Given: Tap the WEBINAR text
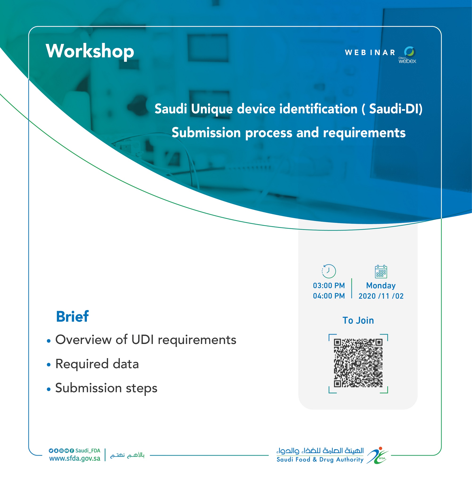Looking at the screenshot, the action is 370,52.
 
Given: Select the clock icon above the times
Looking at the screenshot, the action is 329,271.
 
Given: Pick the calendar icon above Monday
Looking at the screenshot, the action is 381,271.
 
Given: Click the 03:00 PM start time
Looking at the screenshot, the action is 329,286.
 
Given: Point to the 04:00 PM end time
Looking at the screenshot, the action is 329,296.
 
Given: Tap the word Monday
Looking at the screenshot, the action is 381,286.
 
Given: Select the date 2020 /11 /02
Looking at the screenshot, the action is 381,296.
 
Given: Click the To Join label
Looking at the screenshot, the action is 358,320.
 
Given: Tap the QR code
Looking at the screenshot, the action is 358,363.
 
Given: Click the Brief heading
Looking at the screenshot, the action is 72,316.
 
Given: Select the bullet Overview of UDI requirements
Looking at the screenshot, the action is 146,340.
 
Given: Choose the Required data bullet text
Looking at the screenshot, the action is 97,364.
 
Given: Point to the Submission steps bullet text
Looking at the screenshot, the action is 106,388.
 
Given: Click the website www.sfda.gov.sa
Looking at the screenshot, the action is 75,458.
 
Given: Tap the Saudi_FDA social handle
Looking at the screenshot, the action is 88,451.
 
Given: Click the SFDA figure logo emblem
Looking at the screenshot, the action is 377,455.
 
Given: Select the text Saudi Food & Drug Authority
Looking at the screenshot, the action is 320,459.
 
